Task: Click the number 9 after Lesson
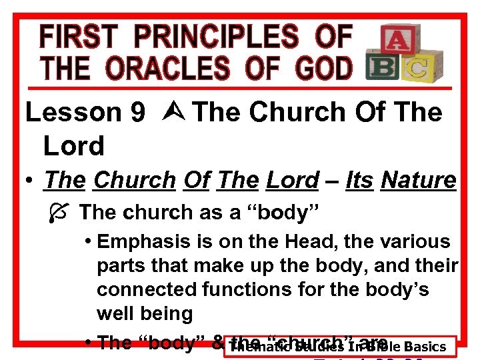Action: pos(138,113)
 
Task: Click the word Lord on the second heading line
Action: pos(73,145)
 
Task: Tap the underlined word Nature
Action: pos(419,180)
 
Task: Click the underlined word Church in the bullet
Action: pos(133,180)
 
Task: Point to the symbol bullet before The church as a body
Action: pos(56,213)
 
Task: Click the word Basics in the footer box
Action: pos(425,347)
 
